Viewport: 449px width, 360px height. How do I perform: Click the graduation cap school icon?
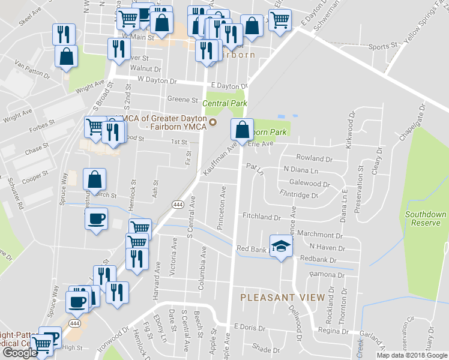(x=281, y=246)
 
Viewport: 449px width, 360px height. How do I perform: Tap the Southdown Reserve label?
(x=426, y=218)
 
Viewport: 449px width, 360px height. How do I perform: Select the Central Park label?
(x=224, y=104)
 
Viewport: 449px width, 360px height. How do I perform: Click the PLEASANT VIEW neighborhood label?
(x=283, y=297)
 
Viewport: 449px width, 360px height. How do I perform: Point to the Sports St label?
(x=383, y=46)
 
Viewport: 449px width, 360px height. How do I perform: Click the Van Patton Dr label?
(x=32, y=70)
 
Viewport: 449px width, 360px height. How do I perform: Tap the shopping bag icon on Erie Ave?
(x=241, y=130)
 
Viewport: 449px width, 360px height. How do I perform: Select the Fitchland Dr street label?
(x=262, y=216)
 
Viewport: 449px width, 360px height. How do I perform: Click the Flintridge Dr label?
(x=298, y=194)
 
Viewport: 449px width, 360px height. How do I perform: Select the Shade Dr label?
(x=262, y=347)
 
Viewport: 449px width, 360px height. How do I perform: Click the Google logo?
(x=19, y=353)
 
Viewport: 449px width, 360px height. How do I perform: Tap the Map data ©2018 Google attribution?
(x=412, y=355)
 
